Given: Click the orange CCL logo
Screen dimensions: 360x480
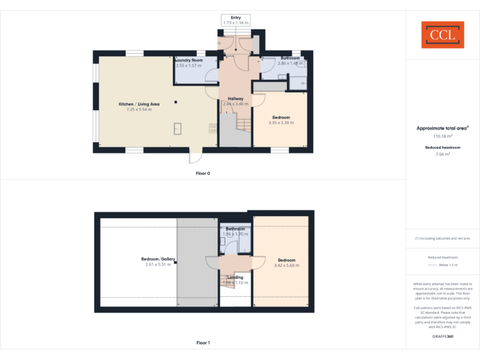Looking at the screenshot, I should (442, 35).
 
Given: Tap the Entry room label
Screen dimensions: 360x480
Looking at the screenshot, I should (235, 17).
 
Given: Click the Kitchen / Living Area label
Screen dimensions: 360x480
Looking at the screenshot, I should (139, 104).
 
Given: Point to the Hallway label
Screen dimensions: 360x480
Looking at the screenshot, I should (236, 99).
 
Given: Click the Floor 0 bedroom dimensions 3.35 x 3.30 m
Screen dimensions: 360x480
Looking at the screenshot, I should (281, 122).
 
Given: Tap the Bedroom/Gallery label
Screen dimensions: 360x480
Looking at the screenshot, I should (158, 259).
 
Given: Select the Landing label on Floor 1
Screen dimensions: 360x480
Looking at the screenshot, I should (235, 277).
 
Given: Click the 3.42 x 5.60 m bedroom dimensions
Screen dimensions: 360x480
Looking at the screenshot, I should (286, 266).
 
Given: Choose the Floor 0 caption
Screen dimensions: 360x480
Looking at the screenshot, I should (202, 173).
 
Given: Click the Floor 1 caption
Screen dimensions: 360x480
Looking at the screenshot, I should (202, 342).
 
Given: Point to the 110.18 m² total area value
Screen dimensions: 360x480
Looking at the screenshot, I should (442, 136).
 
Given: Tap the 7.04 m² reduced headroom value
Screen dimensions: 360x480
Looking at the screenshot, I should (442, 154).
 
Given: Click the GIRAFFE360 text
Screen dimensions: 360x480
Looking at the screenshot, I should (442, 336).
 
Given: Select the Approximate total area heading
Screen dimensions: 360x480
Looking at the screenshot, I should (442, 128).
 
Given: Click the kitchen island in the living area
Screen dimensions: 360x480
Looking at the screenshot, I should (177, 129).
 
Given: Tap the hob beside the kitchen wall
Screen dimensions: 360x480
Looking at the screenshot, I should (212, 128).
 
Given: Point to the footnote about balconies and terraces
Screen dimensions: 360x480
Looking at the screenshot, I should (442, 239).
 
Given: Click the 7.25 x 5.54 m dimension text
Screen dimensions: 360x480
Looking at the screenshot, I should (139, 109).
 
